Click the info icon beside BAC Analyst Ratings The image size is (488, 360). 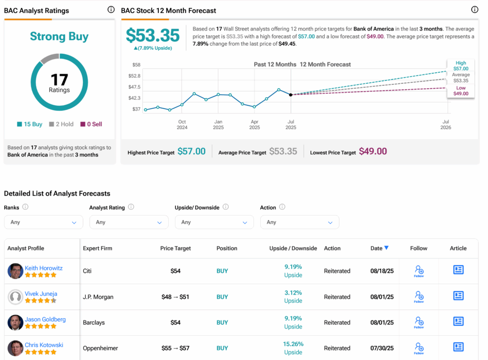111,10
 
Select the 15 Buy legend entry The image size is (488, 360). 30,124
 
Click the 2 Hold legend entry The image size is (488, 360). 61,124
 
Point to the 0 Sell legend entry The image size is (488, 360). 91,124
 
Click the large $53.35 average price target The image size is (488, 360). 152,36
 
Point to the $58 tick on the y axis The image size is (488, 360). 136,64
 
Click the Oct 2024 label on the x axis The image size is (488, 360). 182,124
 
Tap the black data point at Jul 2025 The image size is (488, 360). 291,95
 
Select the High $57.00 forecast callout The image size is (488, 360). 460,66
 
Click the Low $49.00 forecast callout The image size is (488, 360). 460,91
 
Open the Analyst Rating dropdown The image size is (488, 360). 129,222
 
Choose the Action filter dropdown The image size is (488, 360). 299,222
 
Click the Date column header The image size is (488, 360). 379,248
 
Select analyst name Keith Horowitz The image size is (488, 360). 43,268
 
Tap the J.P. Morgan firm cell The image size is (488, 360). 98,297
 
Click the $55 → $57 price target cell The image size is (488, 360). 175,348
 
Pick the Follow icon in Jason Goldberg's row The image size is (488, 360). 419,322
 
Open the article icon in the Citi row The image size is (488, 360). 458,270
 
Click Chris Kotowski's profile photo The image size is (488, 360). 15,348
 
